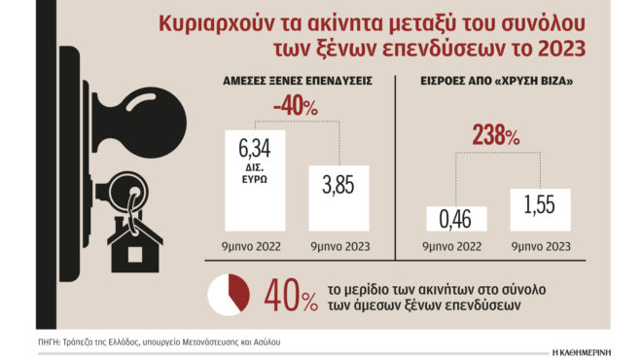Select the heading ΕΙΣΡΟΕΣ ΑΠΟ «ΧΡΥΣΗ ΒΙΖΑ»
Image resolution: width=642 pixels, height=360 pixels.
click(x=497, y=83)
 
